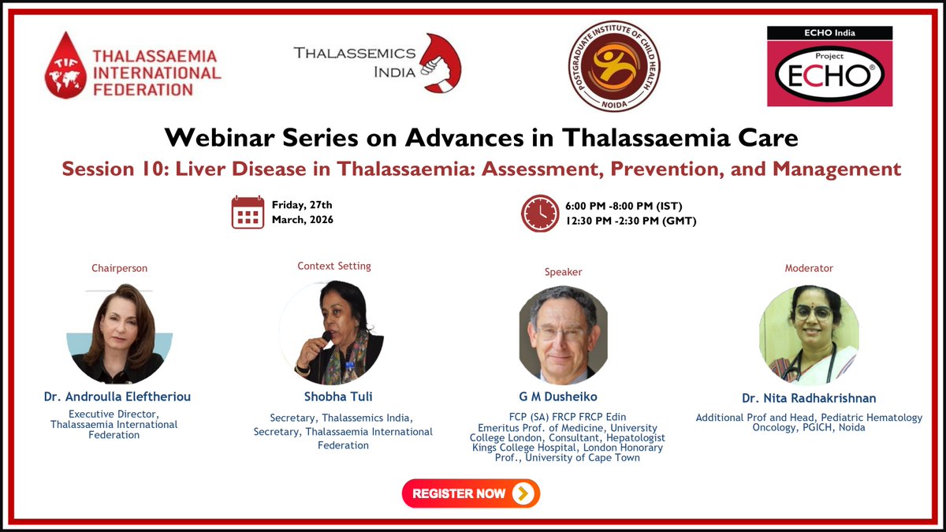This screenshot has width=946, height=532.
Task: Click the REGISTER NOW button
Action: (471, 493)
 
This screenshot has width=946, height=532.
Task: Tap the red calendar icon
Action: (248, 212)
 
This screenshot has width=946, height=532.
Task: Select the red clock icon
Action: (539, 212)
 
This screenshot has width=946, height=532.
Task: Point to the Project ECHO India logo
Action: (829, 66)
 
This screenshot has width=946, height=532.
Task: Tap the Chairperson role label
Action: (119, 268)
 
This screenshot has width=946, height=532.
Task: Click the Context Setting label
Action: (334, 266)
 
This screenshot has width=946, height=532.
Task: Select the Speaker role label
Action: (563, 272)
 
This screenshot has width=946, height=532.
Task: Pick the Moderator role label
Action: (809, 268)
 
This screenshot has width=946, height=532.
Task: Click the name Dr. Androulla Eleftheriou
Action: (117, 397)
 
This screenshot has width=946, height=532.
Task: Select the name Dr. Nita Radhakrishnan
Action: (809, 397)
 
